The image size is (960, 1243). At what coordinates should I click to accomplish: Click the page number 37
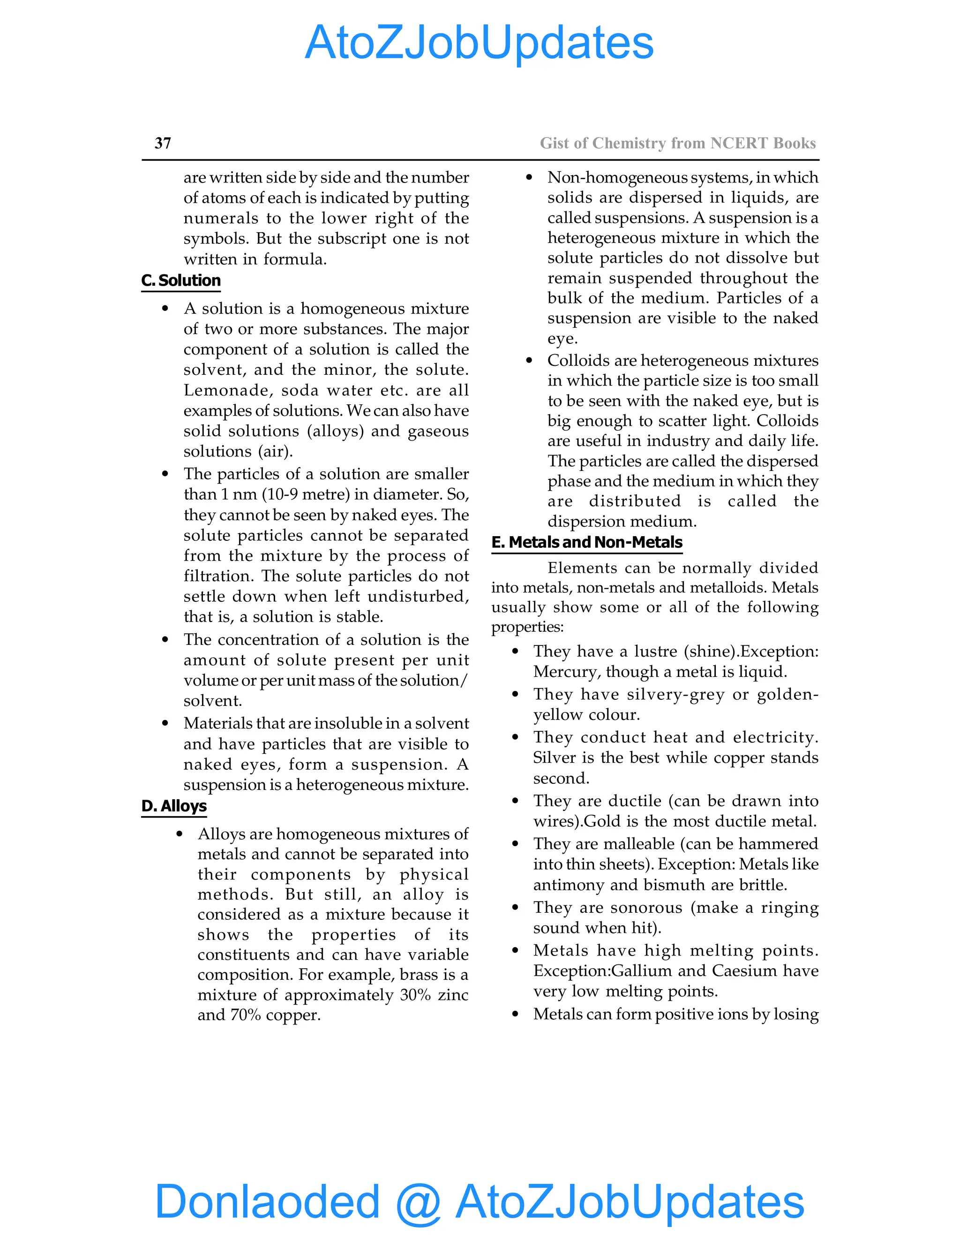point(163,144)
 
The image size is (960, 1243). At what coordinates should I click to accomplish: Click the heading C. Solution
point(181,280)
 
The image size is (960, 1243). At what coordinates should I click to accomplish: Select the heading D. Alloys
point(174,806)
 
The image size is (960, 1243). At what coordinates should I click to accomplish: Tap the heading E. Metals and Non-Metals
point(586,542)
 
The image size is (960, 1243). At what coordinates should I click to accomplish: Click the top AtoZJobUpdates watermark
point(479,43)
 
